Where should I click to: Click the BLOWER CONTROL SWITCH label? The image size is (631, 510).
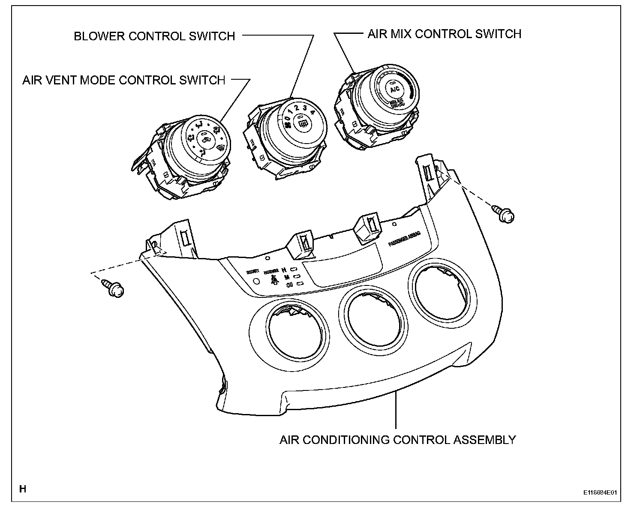coord(154,36)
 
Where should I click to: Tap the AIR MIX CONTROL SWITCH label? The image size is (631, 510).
coord(444,34)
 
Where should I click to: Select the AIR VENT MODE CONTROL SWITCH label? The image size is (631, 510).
coord(123,80)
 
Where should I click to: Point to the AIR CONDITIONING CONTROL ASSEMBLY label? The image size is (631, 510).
coord(397,440)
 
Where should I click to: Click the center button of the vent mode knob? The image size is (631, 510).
coord(206,139)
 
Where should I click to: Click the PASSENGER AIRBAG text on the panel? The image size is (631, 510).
coord(404,239)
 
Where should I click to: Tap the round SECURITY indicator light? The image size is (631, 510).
coord(256,282)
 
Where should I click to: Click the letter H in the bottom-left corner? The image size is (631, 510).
coord(23,489)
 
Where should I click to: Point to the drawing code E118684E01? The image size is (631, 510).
coord(599,492)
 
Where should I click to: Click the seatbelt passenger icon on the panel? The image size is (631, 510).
coord(273,281)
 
